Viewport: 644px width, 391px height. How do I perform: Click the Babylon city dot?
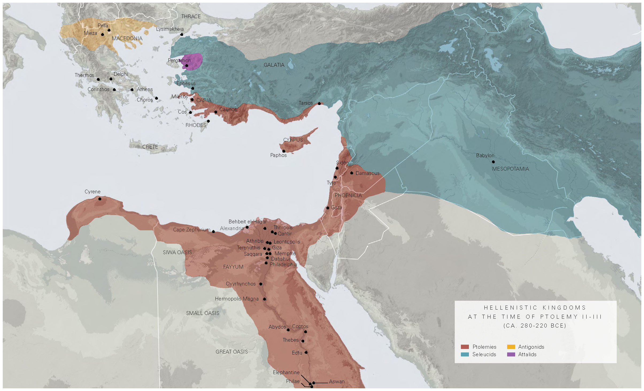(493, 162)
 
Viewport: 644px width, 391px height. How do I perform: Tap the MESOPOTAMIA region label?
(510, 169)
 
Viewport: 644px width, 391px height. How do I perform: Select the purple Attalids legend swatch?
(511, 354)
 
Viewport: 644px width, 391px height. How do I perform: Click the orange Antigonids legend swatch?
(511, 347)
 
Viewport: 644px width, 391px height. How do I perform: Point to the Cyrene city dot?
(100, 199)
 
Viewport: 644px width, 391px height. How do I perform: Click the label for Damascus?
(367, 173)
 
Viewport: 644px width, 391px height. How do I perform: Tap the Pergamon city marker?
(187, 66)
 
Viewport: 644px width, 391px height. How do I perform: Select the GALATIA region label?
(274, 65)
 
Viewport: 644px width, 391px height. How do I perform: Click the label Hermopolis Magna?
(237, 299)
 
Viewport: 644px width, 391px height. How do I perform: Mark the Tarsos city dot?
(319, 103)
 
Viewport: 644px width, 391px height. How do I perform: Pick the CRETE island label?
(150, 147)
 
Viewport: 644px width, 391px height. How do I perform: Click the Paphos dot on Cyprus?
(284, 151)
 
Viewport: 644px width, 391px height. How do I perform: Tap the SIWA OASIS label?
(177, 253)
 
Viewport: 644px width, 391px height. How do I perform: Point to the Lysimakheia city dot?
(182, 35)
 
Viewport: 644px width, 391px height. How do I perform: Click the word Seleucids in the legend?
(484, 354)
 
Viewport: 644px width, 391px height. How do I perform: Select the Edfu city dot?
(306, 352)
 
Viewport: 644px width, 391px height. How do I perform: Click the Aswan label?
(337, 382)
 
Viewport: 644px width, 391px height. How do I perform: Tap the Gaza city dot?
(327, 208)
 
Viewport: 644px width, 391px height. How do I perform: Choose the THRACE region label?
(191, 17)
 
